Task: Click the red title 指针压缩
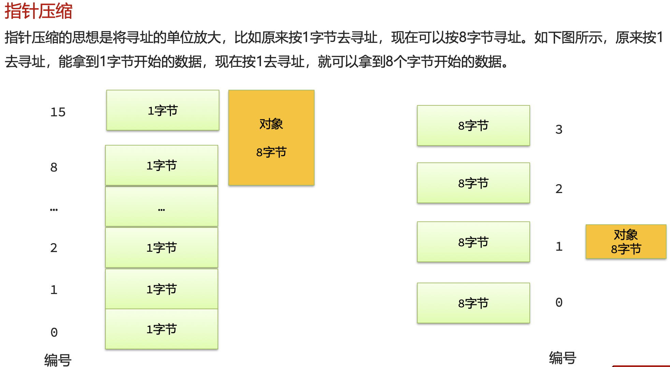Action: pyautogui.click(x=38, y=11)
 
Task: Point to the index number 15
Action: pyautogui.click(x=58, y=112)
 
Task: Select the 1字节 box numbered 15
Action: pyautogui.click(x=163, y=110)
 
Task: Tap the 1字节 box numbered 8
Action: pyautogui.click(x=162, y=165)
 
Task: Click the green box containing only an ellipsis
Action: pyautogui.click(x=162, y=207)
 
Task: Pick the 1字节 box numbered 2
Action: pyautogui.click(x=162, y=248)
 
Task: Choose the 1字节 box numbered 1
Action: pyautogui.click(x=162, y=289)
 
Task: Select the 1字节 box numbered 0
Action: pyautogui.click(x=162, y=329)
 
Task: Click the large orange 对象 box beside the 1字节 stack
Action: pyautogui.click(x=271, y=138)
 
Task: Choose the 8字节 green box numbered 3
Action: pyautogui.click(x=473, y=126)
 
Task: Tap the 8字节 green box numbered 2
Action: pyautogui.click(x=473, y=183)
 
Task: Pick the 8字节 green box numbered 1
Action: pyautogui.click(x=473, y=242)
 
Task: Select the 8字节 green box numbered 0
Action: pyautogui.click(x=473, y=303)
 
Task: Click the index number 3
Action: pyautogui.click(x=559, y=129)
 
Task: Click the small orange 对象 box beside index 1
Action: pyautogui.click(x=626, y=242)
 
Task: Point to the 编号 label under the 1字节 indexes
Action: pyautogui.click(x=58, y=360)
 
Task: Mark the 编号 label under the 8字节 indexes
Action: pyautogui.click(x=562, y=358)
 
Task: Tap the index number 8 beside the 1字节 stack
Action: pyautogui.click(x=54, y=167)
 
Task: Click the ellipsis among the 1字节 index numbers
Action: pyautogui.click(x=54, y=209)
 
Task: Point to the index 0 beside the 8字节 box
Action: pyautogui.click(x=559, y=302)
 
